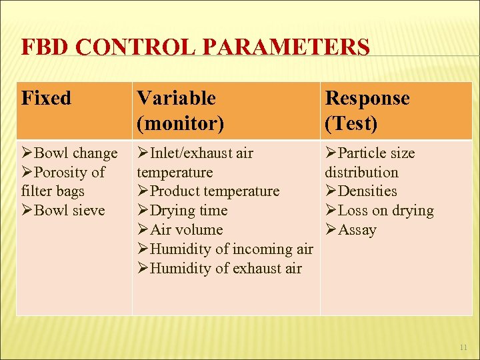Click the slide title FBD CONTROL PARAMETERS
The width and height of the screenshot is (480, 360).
click(195, 48)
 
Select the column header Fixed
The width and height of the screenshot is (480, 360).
click(46, 98)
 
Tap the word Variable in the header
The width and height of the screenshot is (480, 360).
click(176, 98)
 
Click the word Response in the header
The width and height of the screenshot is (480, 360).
click(367, 98)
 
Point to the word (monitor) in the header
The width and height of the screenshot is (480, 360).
click(180, 123)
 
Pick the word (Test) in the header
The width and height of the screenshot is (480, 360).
click(351, 123)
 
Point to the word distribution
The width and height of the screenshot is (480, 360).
click(361, 172)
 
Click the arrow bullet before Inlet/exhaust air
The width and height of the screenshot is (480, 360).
click(143, 153)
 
